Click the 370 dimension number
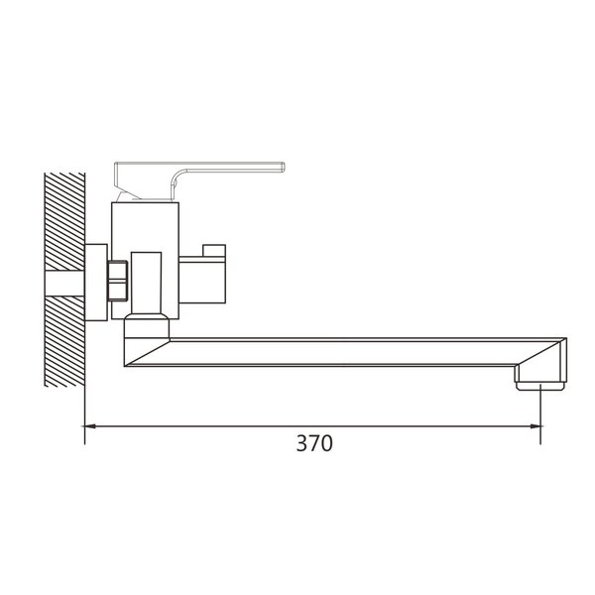[314, 443]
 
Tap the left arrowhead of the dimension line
[89, 426]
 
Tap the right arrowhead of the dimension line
[535, 426]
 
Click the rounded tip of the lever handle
[283, 168]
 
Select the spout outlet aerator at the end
[540, 387]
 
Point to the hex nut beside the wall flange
[117, 281]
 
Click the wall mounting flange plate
[96, 283]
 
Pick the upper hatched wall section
[64, 221]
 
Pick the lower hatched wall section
[64, 341]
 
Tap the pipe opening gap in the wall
[64, 284]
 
